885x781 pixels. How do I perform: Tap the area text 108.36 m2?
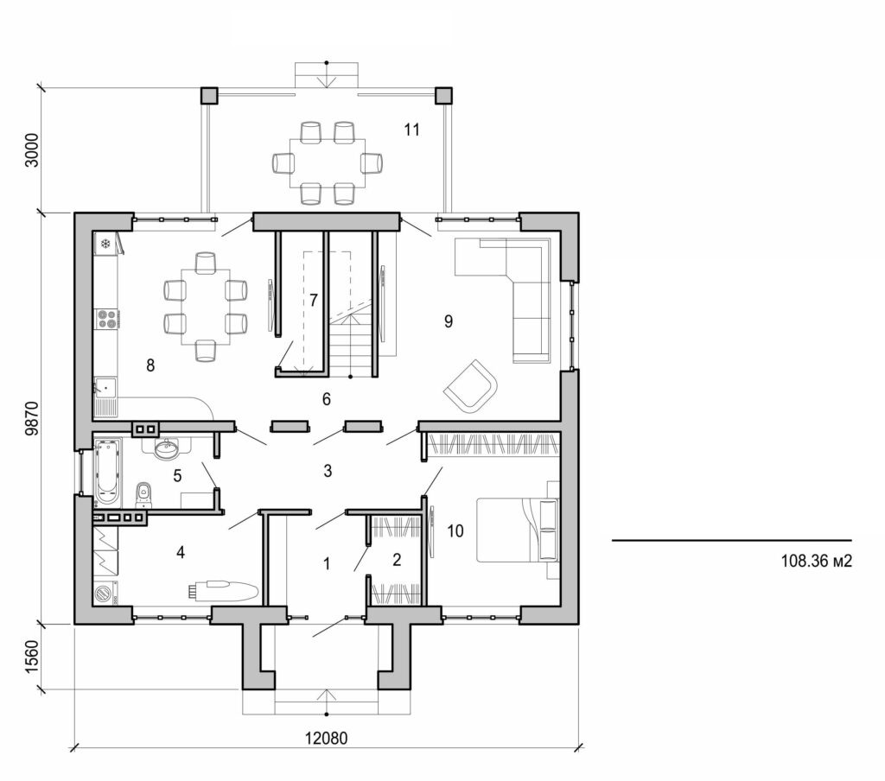[817, 561]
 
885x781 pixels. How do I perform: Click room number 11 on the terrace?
[411, 130]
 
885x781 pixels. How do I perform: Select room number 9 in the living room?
[449, 321]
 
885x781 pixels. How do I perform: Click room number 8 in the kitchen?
[150, 365]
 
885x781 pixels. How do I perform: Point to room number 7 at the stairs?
[314, 301]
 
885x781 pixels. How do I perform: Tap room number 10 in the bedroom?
[456, 530]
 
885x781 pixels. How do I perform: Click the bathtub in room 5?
[108, 471]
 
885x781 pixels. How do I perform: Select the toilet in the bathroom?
[144, 494]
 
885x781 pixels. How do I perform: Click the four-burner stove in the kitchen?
[107, 320]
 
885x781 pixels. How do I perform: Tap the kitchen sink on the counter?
[105, 388]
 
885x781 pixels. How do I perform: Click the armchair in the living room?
[471, 384]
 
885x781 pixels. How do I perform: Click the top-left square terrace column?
[209, 95]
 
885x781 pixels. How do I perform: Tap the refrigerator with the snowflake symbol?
[106, 244]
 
